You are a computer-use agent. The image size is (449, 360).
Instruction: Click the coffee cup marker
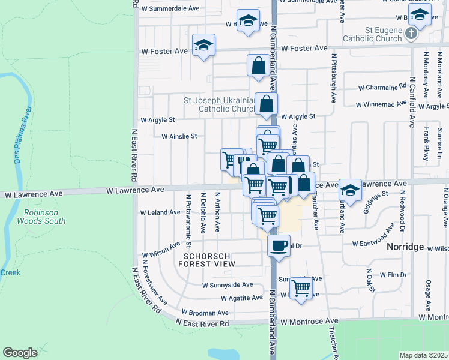click(279, 245)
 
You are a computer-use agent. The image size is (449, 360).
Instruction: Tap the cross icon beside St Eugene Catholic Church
click(411, 33)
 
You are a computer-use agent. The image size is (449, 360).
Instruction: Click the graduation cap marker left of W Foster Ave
click(203, 45)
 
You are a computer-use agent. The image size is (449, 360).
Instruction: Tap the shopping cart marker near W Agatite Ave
click(301, 288)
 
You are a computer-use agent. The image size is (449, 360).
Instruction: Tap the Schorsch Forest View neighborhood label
click(206, 259)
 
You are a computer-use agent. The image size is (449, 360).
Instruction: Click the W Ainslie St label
click(179, 136)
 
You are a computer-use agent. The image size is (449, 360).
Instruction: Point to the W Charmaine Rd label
click(381, 87)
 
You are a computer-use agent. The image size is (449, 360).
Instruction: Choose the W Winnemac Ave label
click(380, 104)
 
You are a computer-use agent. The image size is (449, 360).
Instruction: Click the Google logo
click(20, 353)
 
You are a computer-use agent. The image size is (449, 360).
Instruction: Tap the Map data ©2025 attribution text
click(424, 355)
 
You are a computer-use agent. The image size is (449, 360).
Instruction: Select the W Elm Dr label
click(389, 275)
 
